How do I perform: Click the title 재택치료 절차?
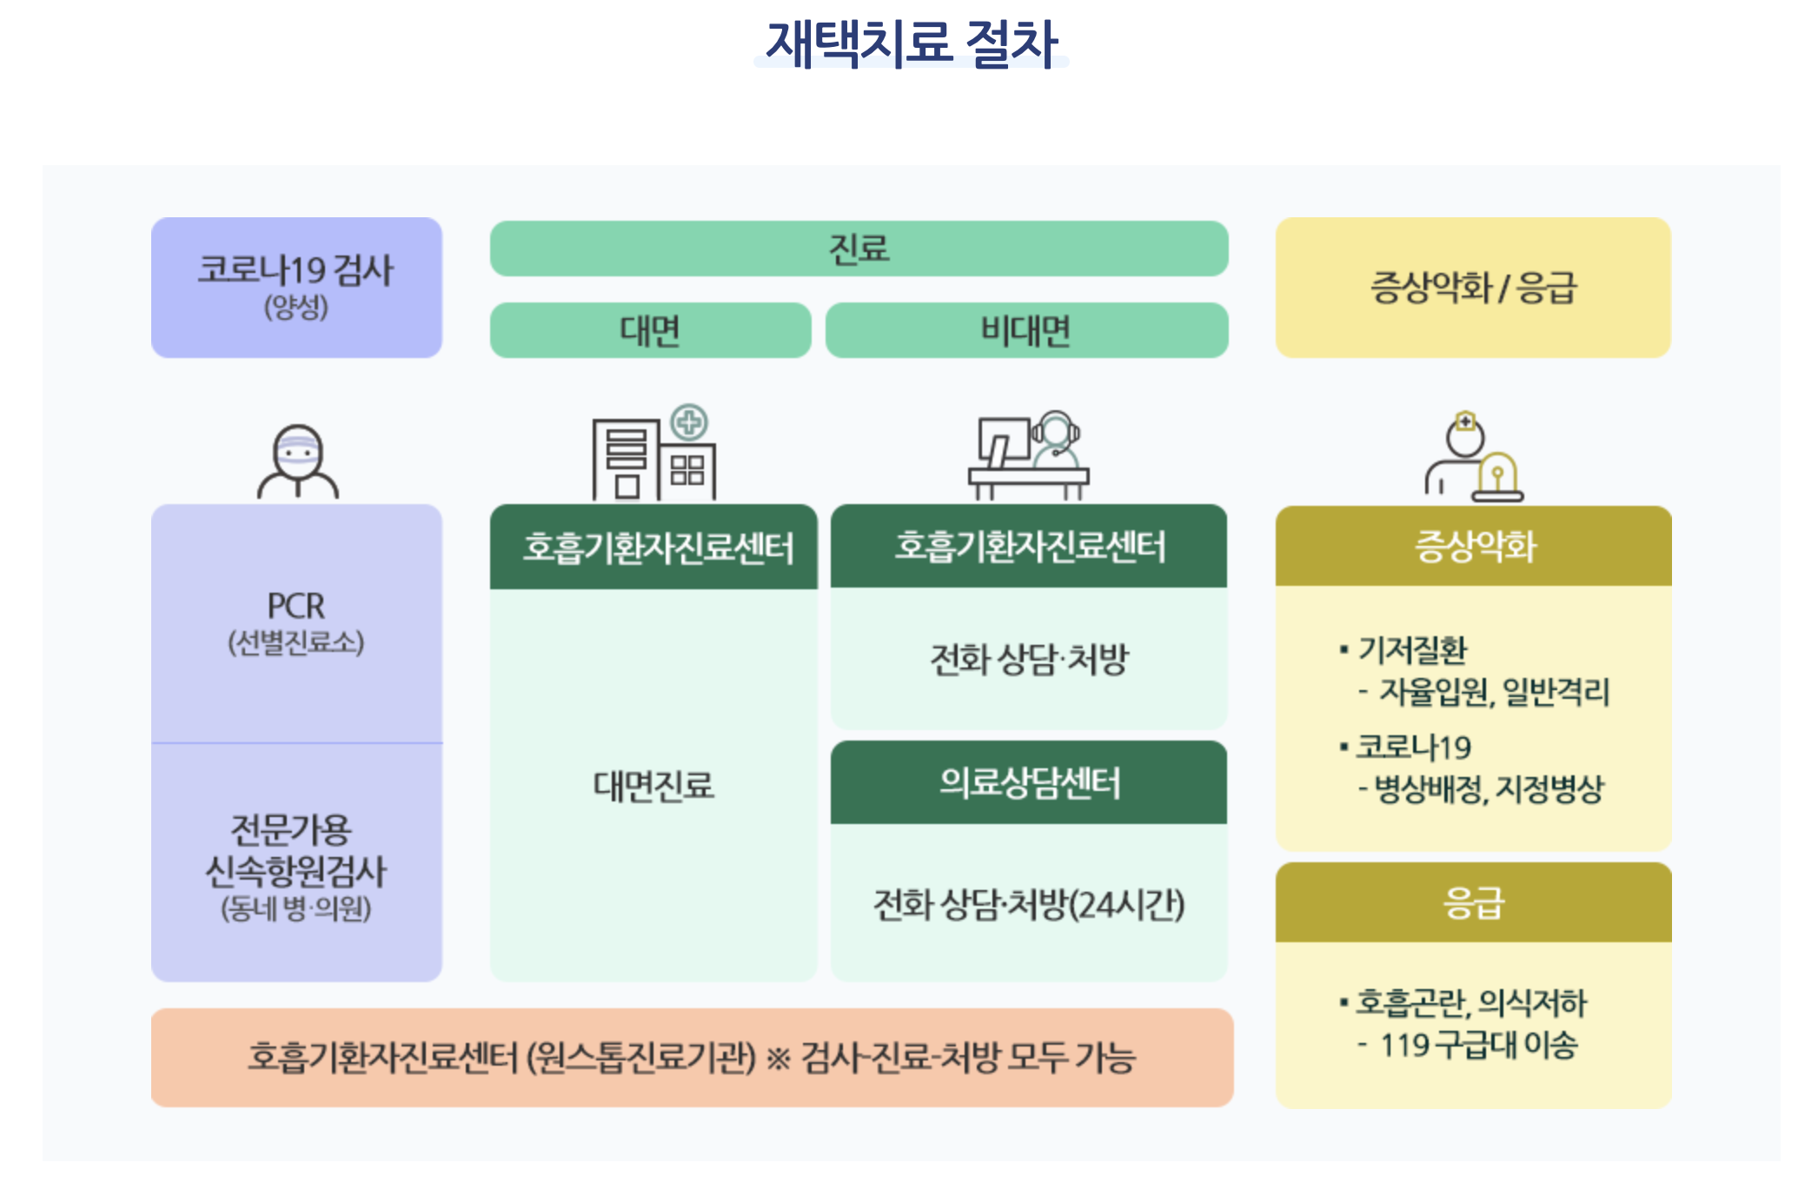click(x=911, y=43)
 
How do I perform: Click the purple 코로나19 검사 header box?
click(x=296, y=287)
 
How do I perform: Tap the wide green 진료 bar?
click(x=859, y=249)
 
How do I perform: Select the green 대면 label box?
click(x=650, y=330)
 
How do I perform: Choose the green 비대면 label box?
click(x=1026, y=330)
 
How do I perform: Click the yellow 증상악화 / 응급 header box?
click(x=1473, y=287)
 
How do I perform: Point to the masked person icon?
click(x=298, y=461)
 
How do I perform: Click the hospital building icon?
click(x=654, y=454)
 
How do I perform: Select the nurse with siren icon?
click(x=1474, y=457)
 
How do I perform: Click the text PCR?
click(x=295, y=606)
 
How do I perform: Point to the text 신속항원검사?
click(x=295, y=871)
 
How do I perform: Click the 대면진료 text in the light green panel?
click(x=654, y=786)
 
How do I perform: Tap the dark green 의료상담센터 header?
click(x=1029, y=782)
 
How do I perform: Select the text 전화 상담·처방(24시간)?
click(x=1029, y=905)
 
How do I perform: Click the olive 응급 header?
click(x=1473, y=902)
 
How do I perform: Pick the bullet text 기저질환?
click(x=1412, y=649)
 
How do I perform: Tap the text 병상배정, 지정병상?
click(x=1489, y=789)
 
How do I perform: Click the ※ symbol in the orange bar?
click(x=778, y=1058)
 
